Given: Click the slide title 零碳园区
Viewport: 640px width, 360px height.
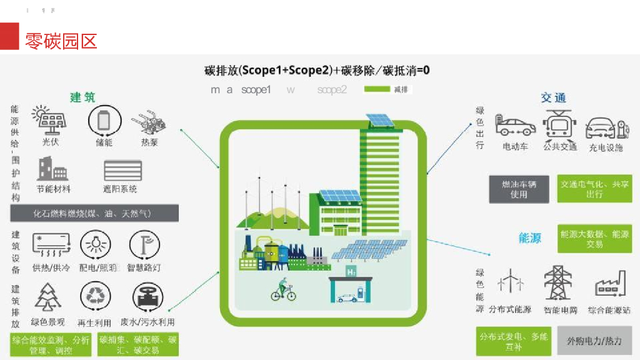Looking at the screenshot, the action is [61, 41].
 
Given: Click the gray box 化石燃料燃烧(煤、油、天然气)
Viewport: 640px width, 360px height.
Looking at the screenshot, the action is [94, 214].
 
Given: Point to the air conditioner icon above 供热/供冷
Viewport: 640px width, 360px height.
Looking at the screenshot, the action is [51, 244].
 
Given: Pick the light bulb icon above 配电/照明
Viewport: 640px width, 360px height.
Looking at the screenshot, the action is [97, 244].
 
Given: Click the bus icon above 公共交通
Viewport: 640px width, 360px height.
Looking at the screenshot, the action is [559, 125].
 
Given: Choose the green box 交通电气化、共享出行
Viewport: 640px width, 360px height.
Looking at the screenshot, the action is [594, 189].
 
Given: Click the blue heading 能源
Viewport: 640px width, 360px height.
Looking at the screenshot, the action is [530, 238].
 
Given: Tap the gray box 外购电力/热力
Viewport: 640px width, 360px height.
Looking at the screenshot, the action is [594, 341].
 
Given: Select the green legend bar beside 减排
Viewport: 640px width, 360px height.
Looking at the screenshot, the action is [377, 89].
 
